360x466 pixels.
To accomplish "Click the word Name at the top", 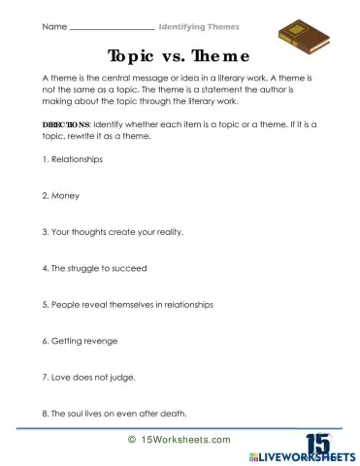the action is point(54,26).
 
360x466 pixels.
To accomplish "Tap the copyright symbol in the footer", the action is point(131,439).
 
